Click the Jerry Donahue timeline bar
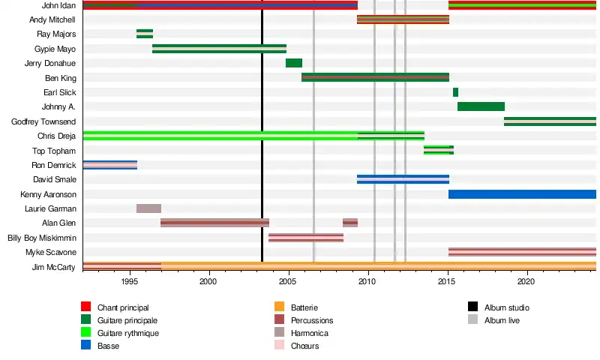[294, 63]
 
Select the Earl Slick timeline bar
[455, 92]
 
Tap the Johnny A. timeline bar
[481, 106]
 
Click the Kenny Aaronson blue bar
[522, 194]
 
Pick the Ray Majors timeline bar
[145, 34]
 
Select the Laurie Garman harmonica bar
[148, 208]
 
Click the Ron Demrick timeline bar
[109, 165]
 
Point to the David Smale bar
[403, 179]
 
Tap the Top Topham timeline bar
[438, 150]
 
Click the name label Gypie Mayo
[56, 49]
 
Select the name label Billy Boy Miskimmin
[41, 238]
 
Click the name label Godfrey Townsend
[43, 121]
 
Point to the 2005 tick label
[288, 281]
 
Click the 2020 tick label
[526, 281]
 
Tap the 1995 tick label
[129, 281]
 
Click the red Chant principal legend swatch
[86, 307]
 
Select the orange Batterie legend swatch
[280, 307]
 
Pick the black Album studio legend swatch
[472, 307]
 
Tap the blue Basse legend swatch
[86, 345]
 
